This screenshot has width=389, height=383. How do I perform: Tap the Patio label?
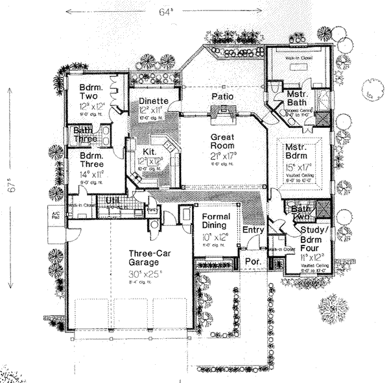pos(222,97)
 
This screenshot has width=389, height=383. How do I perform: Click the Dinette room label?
pos(154,101)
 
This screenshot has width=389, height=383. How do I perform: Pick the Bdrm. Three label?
pos(93,161)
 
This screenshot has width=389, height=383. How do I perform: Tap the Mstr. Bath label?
pos(300,99)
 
